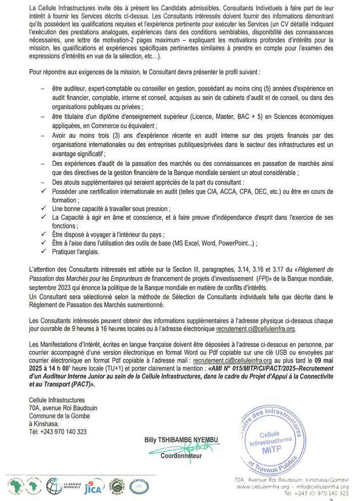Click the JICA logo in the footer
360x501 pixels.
(93, 485)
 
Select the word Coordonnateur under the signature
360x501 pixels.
(181, 456)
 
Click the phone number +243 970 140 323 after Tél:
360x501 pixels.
(61, 432)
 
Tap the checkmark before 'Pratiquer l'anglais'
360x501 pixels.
(45, 251)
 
